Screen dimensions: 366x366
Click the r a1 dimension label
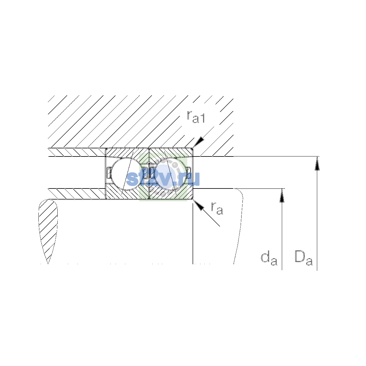point(196,117)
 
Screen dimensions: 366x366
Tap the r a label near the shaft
point(217,208)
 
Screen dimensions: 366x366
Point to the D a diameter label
point(303,258)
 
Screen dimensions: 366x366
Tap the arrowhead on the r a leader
point(198,205)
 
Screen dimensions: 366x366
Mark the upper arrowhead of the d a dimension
point(282,196)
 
